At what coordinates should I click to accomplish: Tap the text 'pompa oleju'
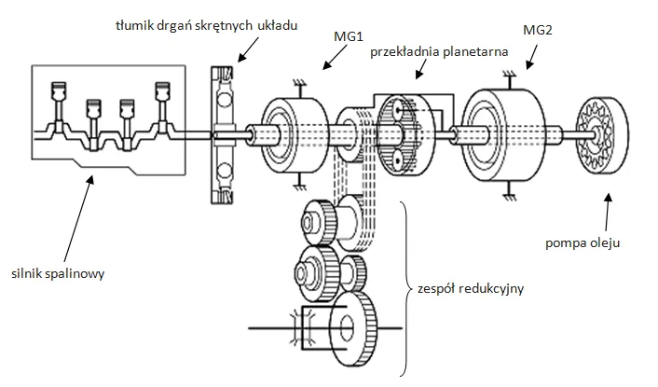583,243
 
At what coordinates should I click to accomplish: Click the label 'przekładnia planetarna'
440,52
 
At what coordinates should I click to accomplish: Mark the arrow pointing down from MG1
330,62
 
